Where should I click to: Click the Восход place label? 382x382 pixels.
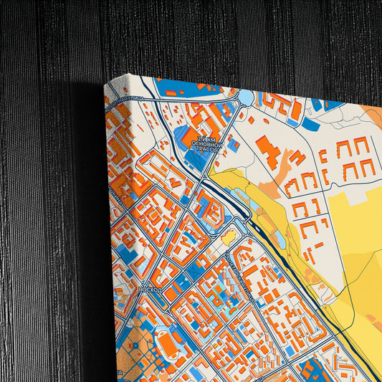point(150,288)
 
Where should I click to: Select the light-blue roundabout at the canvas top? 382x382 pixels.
point(246,96)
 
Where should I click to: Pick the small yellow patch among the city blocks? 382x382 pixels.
point(229,237)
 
